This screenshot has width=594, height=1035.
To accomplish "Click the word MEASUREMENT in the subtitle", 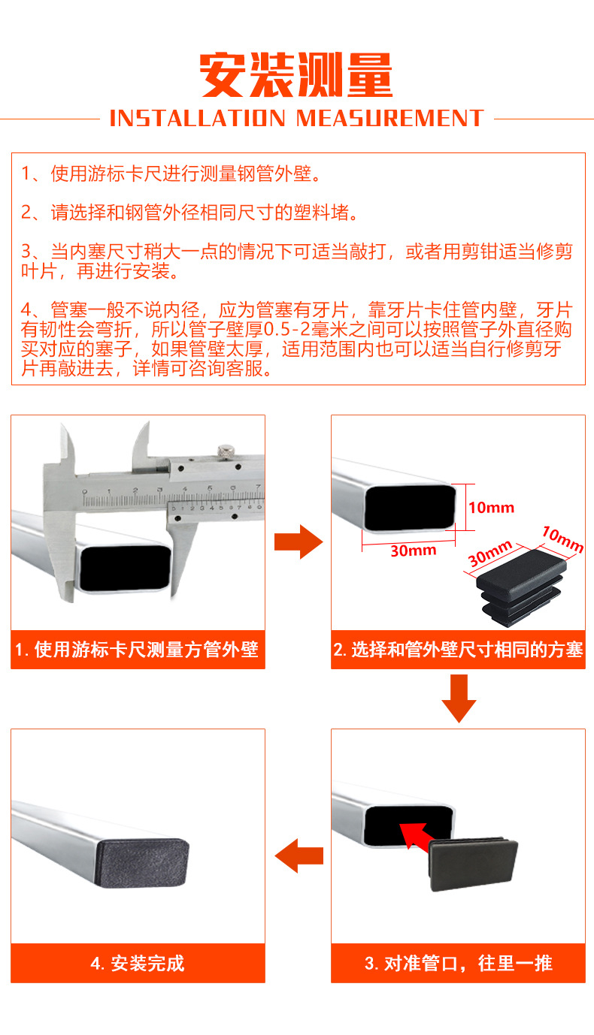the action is pyautogui.click(x=389, y=119).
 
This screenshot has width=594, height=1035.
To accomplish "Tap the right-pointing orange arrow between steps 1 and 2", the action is pyautogui.click(x=298, y=542).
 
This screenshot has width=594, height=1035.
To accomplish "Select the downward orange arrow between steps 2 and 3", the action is pyautogui.click(x=459, y=698).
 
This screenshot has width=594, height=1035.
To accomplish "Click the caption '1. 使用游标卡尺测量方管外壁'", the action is pyautogui.click(x=138, y=650).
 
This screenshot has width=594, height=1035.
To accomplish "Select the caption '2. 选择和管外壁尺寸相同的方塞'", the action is pyautogui.click(x=458, y=650).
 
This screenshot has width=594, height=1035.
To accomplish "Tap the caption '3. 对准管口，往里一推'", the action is pyautogui.click(x=458, y=963).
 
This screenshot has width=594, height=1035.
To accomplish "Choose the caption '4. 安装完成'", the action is pyautogui.click(x=138, y=963).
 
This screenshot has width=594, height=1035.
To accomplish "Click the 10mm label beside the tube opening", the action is pyautogui.click(x=491, y=508).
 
